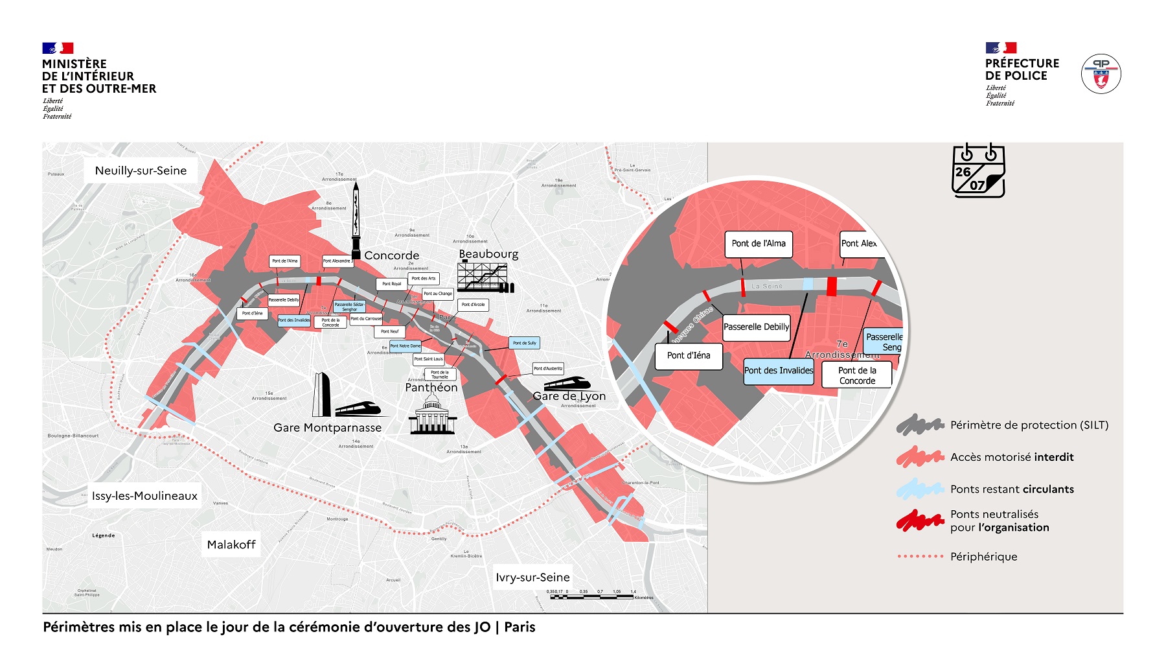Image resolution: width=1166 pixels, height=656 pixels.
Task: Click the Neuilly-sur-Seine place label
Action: [141, 170]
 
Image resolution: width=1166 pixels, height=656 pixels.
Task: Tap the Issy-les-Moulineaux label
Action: [144, 496]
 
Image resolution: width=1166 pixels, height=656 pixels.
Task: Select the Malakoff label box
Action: [231, 545]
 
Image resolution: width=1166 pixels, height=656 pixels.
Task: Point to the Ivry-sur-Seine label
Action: [532, 577]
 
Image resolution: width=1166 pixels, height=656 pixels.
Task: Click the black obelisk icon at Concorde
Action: [356, 221]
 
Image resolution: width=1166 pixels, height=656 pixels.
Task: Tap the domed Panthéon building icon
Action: [432, 415]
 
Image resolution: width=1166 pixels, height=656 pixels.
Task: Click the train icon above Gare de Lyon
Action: [567, 383]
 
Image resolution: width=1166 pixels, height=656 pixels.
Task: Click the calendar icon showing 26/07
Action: [978, 170]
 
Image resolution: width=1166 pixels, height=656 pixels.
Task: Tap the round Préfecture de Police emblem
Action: [1101, 73]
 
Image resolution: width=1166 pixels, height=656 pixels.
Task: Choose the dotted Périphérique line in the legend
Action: [920, 556]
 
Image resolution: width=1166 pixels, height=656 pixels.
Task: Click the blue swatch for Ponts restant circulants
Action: [920, 489]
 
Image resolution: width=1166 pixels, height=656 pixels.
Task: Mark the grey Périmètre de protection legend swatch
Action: [920, 425]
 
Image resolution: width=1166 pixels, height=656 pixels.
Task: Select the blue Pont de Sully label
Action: [524, 343]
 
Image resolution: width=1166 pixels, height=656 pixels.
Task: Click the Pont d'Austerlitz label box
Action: [548, 368]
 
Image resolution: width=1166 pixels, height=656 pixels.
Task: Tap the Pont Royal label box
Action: [391, 284]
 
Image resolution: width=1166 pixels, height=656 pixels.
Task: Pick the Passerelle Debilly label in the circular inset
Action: [756, 327]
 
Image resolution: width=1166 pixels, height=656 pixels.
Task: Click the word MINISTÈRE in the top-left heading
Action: [74, 64]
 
